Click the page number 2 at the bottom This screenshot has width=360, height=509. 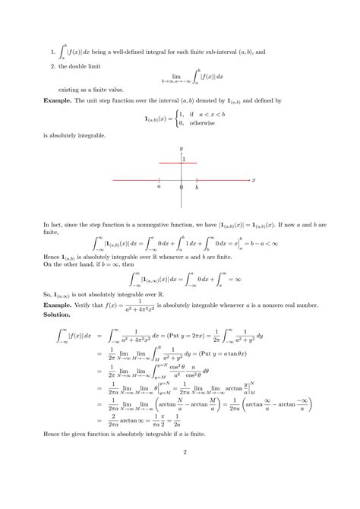pyautogui.click(x=180, y=476)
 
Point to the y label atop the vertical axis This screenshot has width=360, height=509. pyautogui.click(x=181, y=147)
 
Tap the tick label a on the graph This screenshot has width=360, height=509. pyautogui.click(x=159, y=187)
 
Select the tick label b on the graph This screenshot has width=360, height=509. pyautogui.click(x=197, y=187)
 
